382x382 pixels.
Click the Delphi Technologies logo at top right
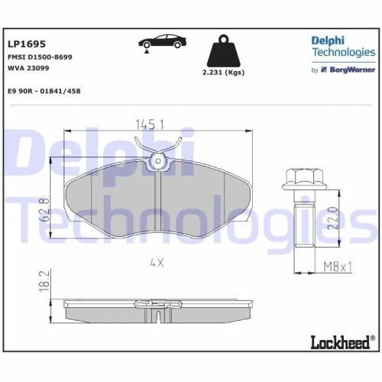click(x=342, y=46)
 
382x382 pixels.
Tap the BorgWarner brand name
click(x=351, y=70)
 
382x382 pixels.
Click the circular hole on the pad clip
click(x=157, y=160)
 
